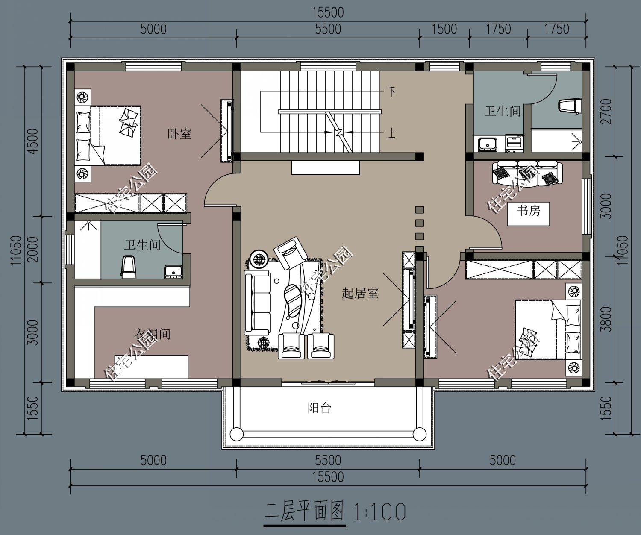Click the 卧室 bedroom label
point(179,134)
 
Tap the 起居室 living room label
point(360,293)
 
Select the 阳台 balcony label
point(319,408)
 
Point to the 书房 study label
point(528,210)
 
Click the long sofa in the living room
point(257,303)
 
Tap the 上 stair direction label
point(391,134)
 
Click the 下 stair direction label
point(391,92)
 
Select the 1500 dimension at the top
point(444,29)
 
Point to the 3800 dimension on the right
point(606,319)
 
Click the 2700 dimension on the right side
point(606,112)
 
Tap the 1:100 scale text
point(379,511)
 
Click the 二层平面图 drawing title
point(304,511)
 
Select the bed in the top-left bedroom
point(109,135)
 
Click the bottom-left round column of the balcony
point(236,434)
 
